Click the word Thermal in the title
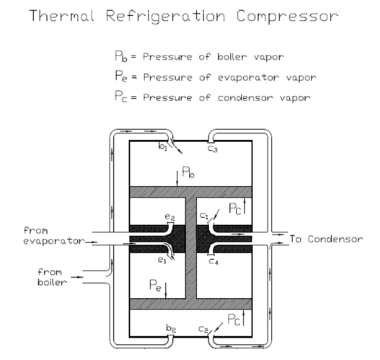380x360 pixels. (61, 16)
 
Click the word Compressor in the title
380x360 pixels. (287, 17)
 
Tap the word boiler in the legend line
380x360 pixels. (232, 57)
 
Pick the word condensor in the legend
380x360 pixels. (245, 98)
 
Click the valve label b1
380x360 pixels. (163, 146)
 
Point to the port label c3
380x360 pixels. (213, 149)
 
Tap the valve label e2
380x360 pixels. (169, 216)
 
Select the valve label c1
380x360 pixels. (204, 216)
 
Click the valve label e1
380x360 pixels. (162, 260)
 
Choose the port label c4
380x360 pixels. (213, 261)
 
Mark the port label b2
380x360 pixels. (171, 328)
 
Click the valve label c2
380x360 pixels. (203, 330)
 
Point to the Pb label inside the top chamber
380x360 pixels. (188, 172)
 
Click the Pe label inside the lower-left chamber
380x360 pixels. (155, 285)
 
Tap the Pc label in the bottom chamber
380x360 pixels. (234, 320)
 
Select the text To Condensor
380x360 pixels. (326, 239)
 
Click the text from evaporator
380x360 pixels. (54, 236)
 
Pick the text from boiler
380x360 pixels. (52, 277)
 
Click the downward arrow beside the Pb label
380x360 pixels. (177, 179)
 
